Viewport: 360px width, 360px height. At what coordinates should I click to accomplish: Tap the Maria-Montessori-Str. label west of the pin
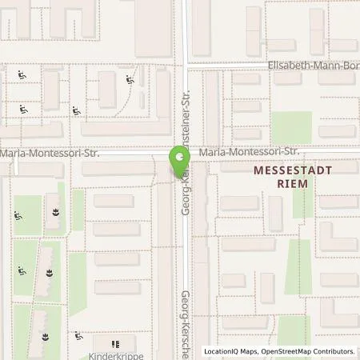point(50,152)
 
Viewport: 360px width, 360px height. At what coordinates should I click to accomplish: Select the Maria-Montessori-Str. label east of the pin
point(249,151)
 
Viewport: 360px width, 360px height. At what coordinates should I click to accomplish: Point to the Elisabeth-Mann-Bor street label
point(313,65)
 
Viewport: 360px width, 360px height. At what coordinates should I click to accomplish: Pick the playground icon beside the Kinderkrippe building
point(78,337)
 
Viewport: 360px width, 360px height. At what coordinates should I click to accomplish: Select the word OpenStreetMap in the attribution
point(285,351)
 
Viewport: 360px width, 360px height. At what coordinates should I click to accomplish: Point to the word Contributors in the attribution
point(333,351)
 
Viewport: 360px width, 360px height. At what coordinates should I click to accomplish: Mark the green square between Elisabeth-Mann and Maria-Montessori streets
point(290,127)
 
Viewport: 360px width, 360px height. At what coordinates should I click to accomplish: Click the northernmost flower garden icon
point(55,212)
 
